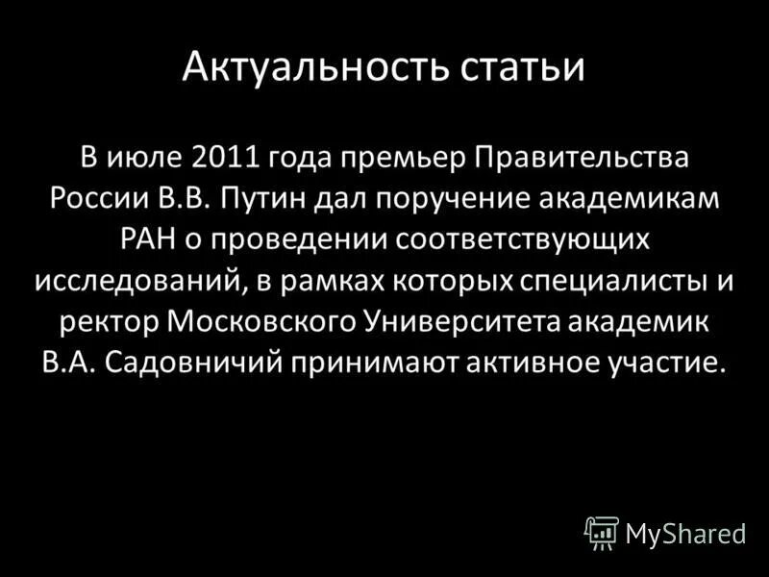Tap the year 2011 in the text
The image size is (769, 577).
pyautogui.click(x=226, y=156)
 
